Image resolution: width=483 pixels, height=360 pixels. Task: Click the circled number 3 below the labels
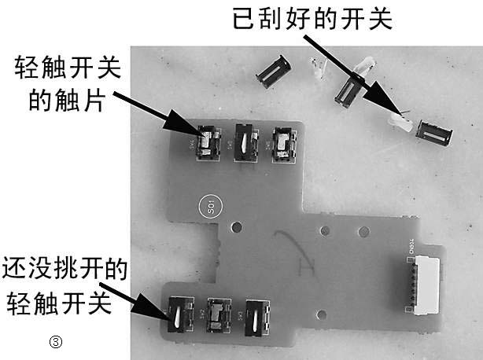(x=55, y=341)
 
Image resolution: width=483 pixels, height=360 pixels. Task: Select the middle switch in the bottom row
(x=216, y=315)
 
